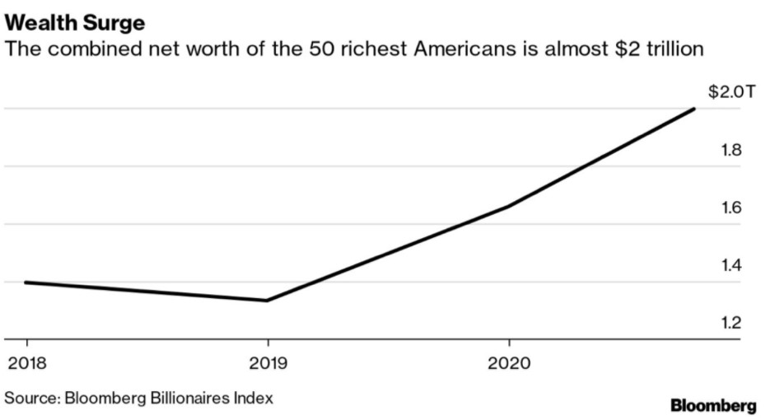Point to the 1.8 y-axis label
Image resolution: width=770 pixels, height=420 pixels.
click(731, 151)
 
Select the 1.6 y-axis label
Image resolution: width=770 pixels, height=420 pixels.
click(731, 208)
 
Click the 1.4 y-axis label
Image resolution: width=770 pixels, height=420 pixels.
click(731, 266)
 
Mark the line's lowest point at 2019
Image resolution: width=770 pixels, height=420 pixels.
click(267, 301)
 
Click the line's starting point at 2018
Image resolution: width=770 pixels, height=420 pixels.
click(26, 282)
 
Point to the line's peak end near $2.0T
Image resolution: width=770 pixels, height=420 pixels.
click(694, 109)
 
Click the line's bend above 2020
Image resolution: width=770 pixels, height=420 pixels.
click(509, 207)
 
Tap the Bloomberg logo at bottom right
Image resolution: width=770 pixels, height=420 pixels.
click(713, 405)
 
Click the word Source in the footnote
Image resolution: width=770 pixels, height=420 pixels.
click(28, 399)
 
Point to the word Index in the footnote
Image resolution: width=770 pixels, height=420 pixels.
click(254, 399)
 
